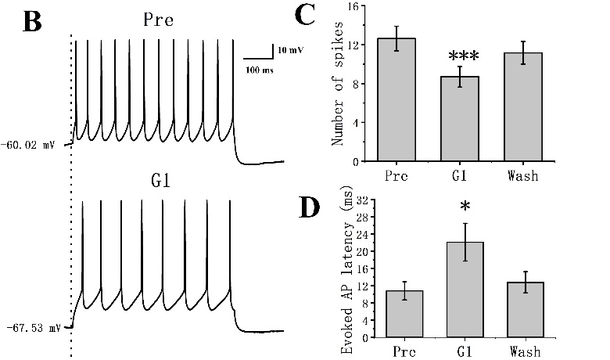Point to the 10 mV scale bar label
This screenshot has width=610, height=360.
[290, 49]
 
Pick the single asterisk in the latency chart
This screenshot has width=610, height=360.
[465, 207]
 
